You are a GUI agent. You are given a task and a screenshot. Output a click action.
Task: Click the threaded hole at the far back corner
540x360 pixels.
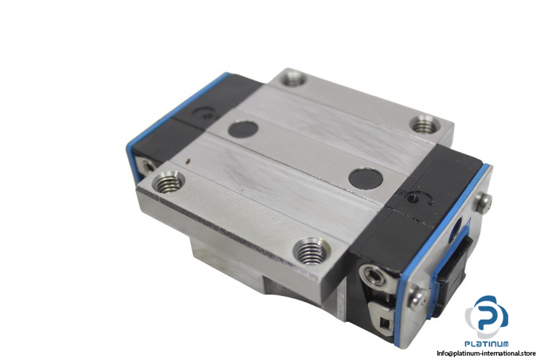tap(294, 78)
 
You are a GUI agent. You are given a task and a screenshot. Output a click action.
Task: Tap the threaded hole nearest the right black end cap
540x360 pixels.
tap(426, 125)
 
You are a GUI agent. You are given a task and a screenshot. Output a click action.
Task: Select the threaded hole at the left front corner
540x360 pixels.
tap(168, 183)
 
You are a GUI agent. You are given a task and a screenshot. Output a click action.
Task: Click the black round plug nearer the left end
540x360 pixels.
tap(243, 128)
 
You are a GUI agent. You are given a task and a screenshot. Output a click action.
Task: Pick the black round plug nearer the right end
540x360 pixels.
tap(366, 178)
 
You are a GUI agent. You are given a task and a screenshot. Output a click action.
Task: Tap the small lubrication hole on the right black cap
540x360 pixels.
tap(412, 199)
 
